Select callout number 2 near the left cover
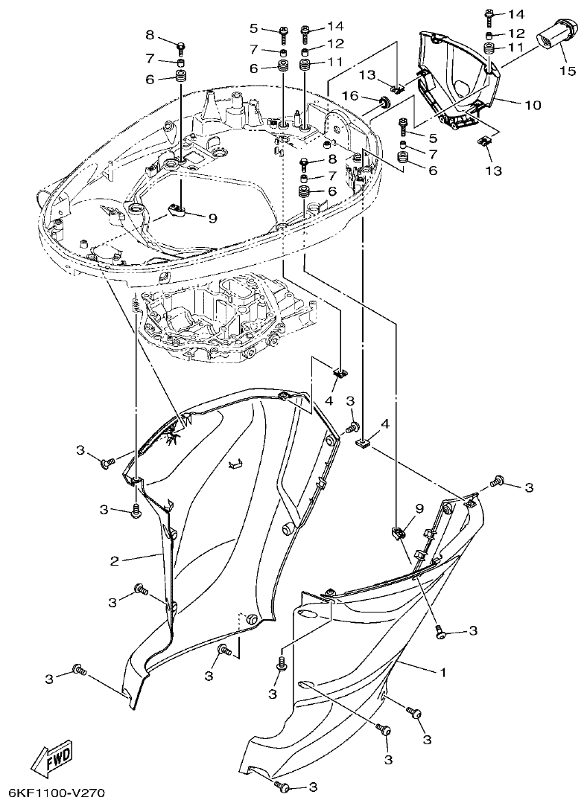[x=115, y=560]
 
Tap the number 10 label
[x=533, y=105]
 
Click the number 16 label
[x=350, y=95]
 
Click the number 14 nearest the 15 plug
[x=516, y=14]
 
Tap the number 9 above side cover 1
[x=419, y=508]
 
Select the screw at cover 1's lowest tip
[x=282, y=786]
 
